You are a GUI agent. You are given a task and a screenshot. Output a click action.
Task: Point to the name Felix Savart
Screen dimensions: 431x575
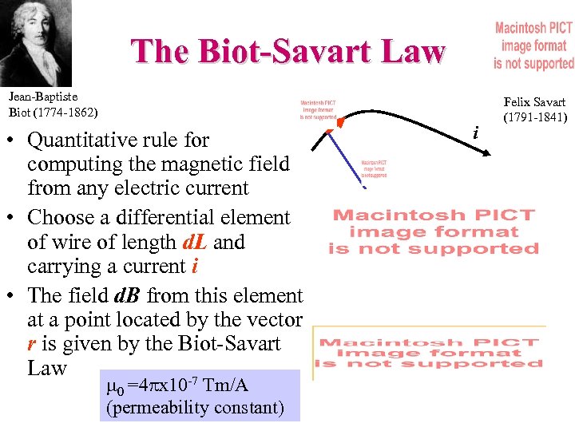(534, 102)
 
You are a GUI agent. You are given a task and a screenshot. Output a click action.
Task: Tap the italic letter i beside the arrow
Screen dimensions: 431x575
(476, 132)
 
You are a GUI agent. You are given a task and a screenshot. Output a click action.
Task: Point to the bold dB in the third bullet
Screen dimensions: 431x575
(127, 295)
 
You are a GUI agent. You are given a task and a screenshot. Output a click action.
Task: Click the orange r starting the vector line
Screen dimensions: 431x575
(31, 344)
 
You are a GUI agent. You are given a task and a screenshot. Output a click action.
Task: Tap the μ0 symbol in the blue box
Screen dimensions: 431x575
(115, 388)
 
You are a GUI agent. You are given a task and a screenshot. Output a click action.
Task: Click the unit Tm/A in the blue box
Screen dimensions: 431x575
(226, 386)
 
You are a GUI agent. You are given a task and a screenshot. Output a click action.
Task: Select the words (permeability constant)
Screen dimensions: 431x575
(194, 408)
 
